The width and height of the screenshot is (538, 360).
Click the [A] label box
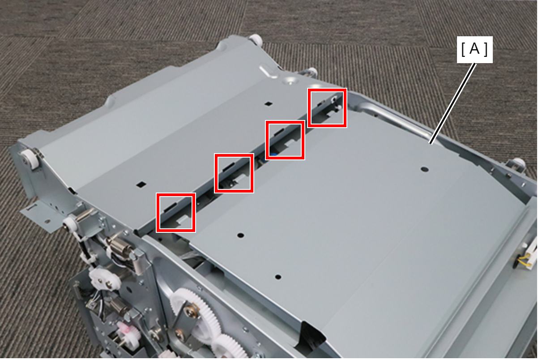click(474, 50)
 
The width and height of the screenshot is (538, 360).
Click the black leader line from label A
click(453, 103)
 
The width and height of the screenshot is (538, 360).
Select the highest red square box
click(327, 107)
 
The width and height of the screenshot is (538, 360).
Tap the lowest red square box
click(176, 212)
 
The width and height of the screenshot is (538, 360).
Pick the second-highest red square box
click(285, 140)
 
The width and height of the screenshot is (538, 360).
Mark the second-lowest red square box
click(234, 173)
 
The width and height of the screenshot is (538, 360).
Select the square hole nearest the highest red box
click(268, 104)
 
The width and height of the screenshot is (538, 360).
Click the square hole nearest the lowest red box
click(141, 184)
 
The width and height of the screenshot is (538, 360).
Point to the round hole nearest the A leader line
click(424, 169)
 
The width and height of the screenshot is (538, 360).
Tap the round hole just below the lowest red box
click(241, 235)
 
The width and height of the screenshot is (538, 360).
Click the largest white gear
click(196, 313)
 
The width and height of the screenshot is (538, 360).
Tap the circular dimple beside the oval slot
click(291, 81)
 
